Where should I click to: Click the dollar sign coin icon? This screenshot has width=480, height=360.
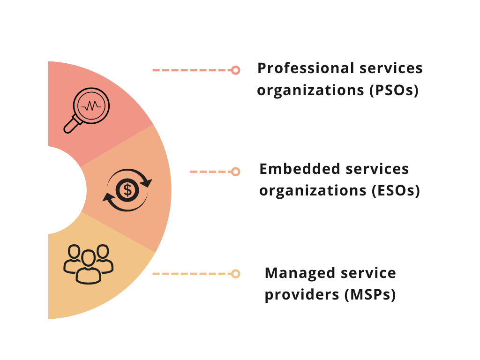[127, 190]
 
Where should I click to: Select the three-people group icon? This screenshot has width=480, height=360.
[88, 264]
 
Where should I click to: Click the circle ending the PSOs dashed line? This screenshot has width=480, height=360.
[236, 70]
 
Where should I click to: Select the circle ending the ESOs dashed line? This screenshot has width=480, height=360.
[236, 172]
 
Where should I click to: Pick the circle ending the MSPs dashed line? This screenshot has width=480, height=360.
[236, 273]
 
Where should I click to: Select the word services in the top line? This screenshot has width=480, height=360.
[391, 68]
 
